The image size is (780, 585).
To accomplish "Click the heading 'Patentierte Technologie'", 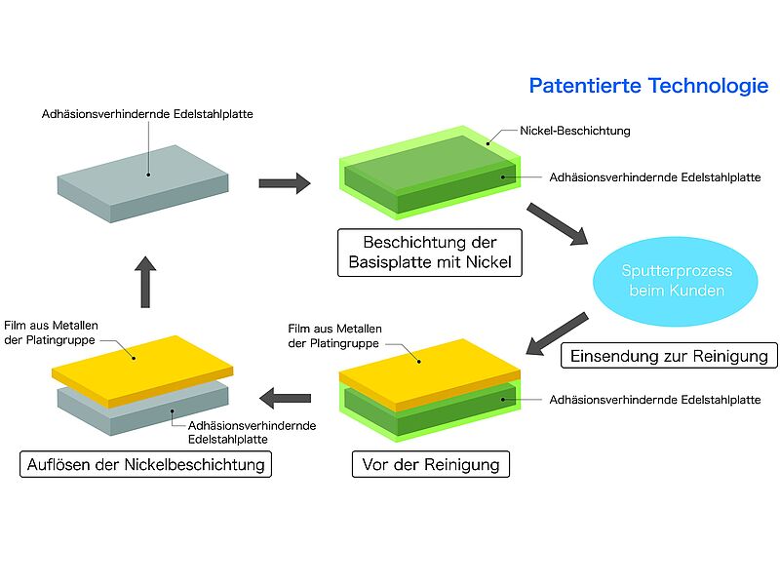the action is (x=648, y=86).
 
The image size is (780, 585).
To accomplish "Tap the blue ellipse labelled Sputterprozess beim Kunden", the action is (x=675, y=281).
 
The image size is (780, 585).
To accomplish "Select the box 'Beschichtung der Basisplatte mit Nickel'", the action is (x=430, y=253).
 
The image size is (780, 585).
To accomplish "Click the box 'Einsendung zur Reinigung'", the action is (x=669, y=356).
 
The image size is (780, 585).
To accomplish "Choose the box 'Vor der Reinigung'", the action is (x=431, y=464).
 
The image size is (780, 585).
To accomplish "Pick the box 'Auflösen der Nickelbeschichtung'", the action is (x=145, y=464).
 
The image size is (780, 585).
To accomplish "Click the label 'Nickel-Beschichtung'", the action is (x=575, y=131).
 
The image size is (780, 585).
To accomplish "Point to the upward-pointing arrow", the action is (x=145, y=282).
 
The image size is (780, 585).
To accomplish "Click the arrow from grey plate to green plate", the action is (x=285, y=183).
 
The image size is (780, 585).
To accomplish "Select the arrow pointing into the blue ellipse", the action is (x=558, y=224).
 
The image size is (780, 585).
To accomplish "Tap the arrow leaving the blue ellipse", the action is (x=557, y=333).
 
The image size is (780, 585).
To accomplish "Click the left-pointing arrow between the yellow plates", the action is (x=285, y=398).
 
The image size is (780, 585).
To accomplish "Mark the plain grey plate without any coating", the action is (x=142, y=183).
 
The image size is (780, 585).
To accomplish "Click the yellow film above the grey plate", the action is (x=142, y=371).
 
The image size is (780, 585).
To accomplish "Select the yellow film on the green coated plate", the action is (x=430, y=375).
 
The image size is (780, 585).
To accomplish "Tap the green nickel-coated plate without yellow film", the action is (x=430, y=173).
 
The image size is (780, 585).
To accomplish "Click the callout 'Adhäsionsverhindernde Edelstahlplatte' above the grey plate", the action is (x=147, y=114).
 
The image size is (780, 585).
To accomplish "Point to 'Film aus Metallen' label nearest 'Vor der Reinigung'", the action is (x=334, y=335).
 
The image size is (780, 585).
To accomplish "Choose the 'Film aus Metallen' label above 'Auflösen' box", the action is (x=51, y=332).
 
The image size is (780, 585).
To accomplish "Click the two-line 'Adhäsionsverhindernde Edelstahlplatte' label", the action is (x=252, y=432).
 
